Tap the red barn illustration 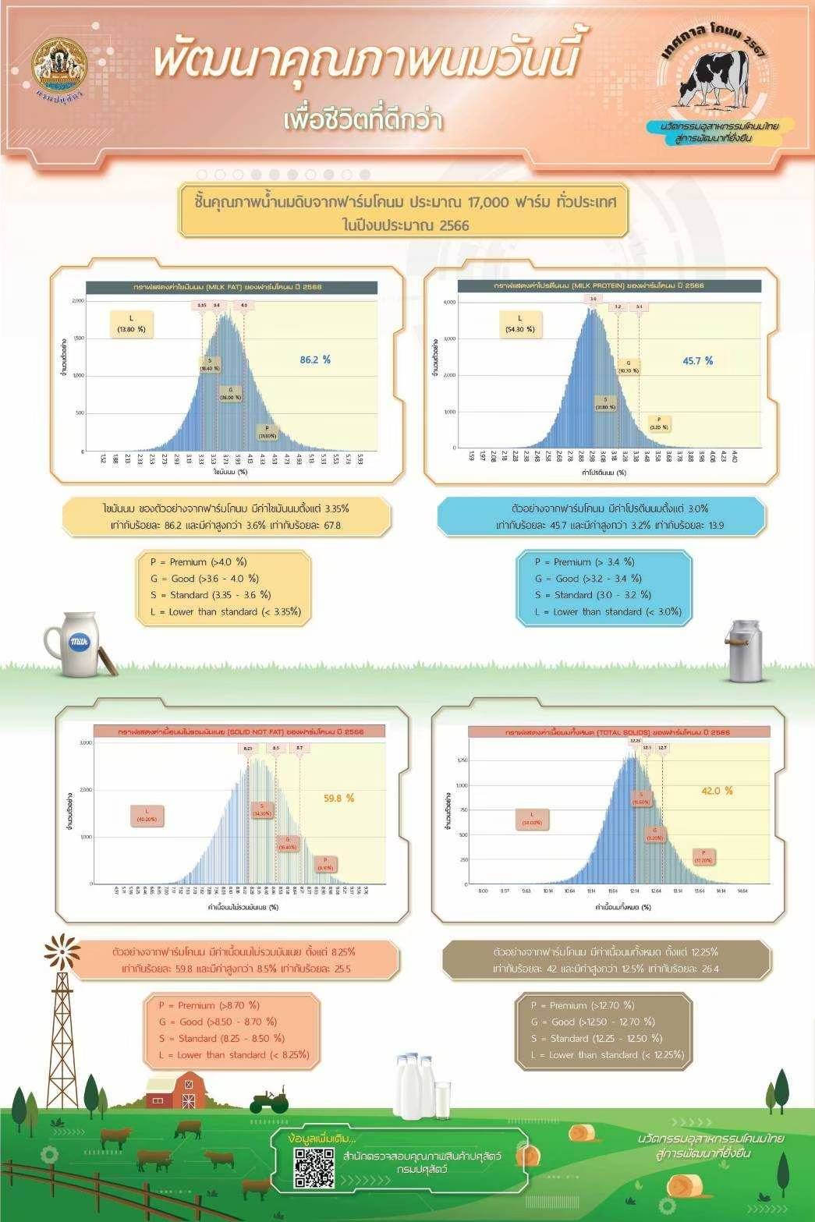[x=175, y=1090]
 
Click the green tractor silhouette [x=269, y=1102]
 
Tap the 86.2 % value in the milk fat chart [x=315, y=360]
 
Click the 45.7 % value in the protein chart [x=697, y=360]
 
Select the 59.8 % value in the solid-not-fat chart [x=338, y=798]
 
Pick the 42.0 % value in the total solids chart [x=717, y=790]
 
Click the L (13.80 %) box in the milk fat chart [x=131, y=324]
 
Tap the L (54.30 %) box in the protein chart [x=520, y=323]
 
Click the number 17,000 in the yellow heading [x=489, y=202]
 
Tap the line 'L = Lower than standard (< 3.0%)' [x=608, y=611]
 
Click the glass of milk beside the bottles [x=441, y=1098]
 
